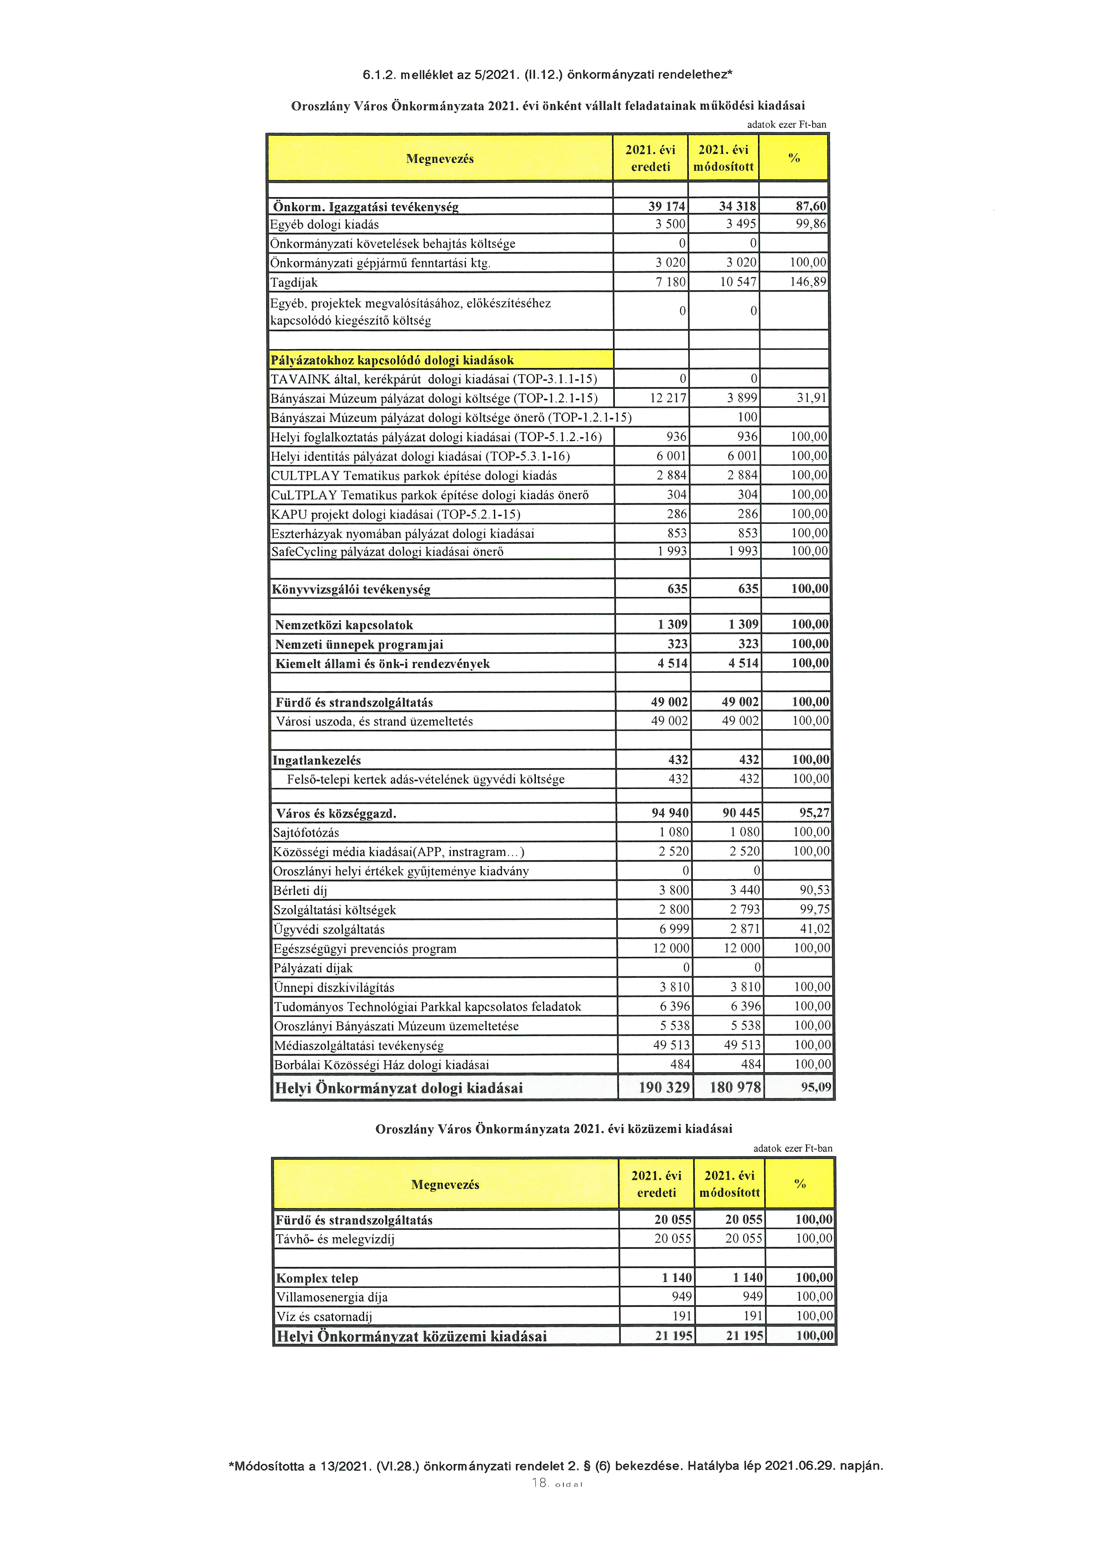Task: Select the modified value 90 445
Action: [x=741, y=813]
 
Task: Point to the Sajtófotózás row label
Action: [x=306, y=832]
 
